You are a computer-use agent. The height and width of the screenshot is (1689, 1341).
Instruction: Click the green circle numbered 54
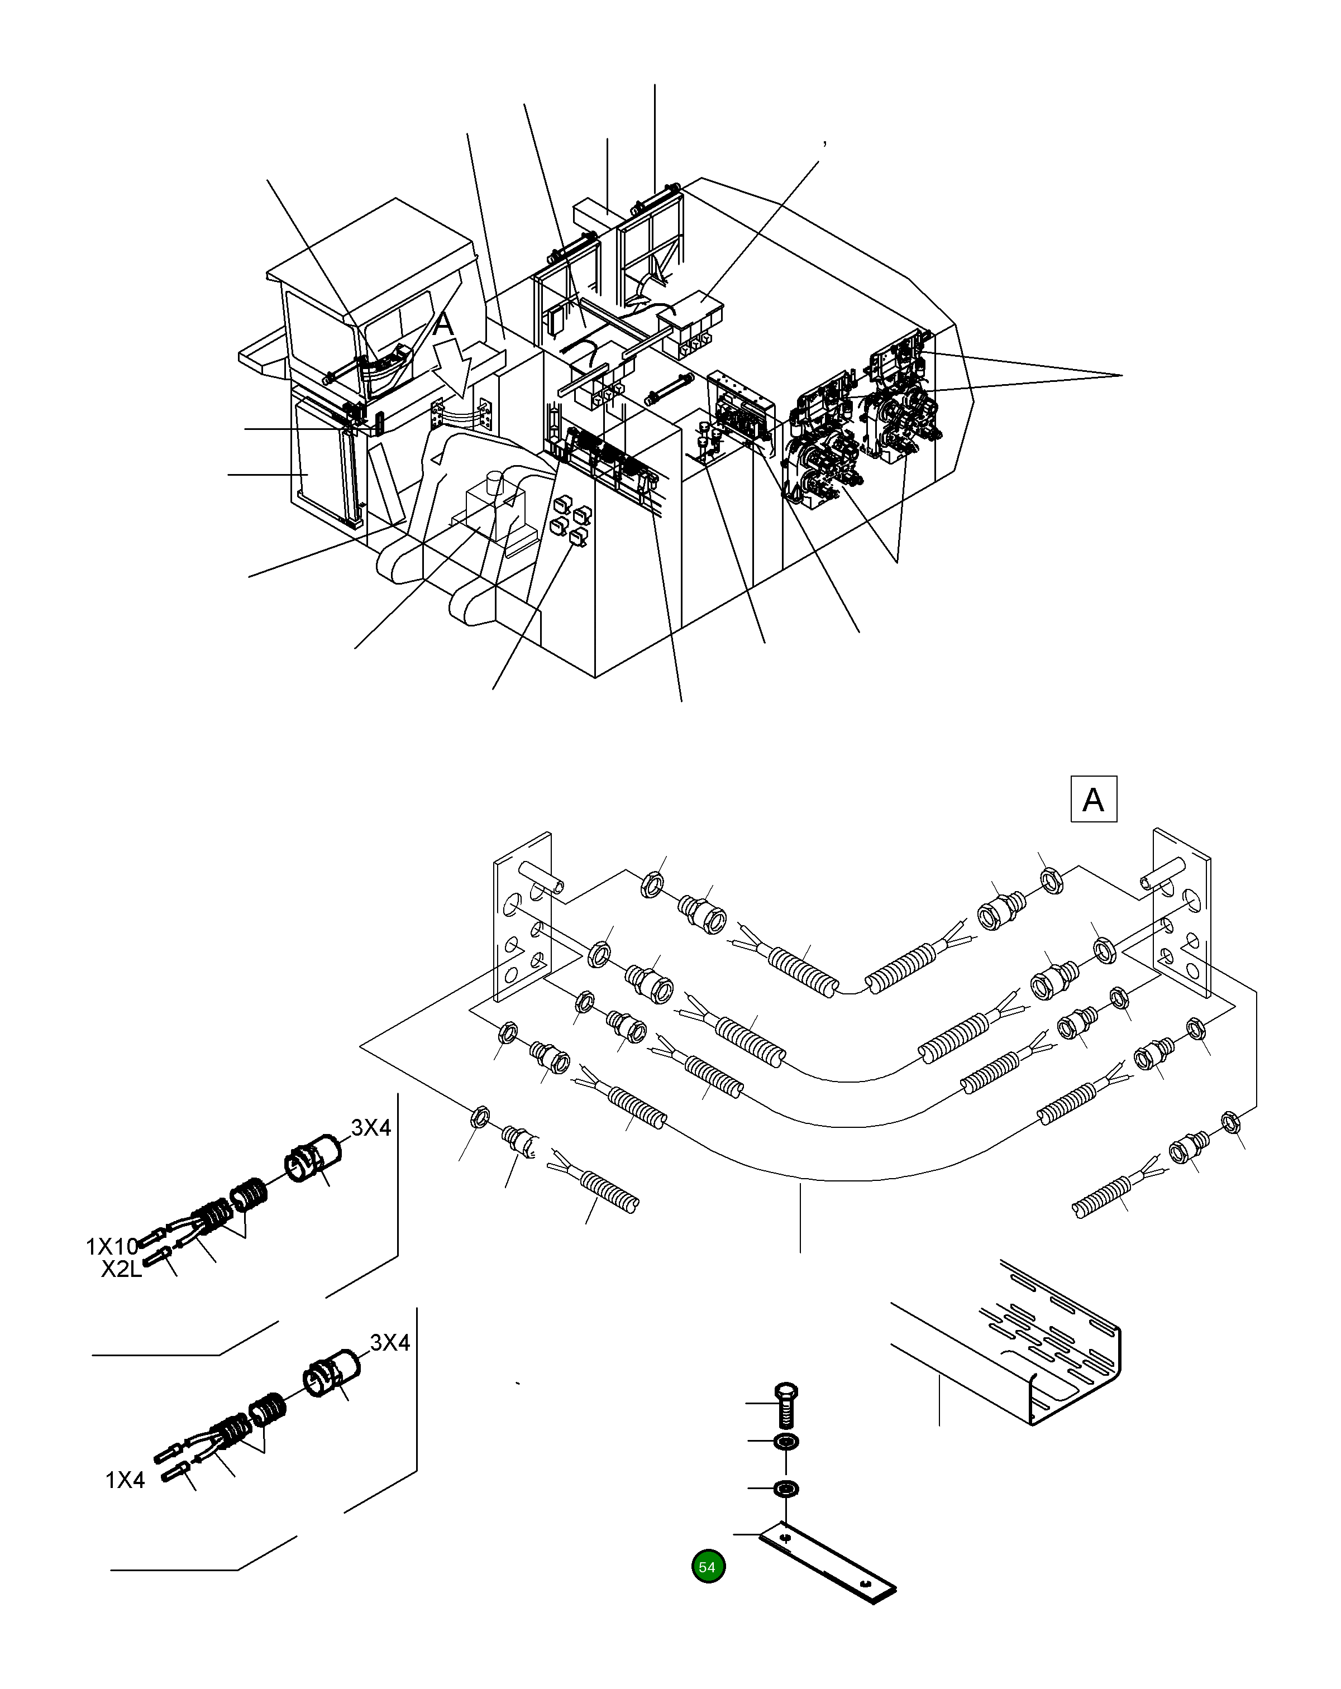click(x=708, y=1566)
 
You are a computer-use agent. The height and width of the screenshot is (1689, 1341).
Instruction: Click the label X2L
click(x=122, y=1269)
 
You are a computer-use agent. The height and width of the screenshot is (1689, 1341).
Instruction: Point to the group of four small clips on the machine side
click(x=571, y=521)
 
